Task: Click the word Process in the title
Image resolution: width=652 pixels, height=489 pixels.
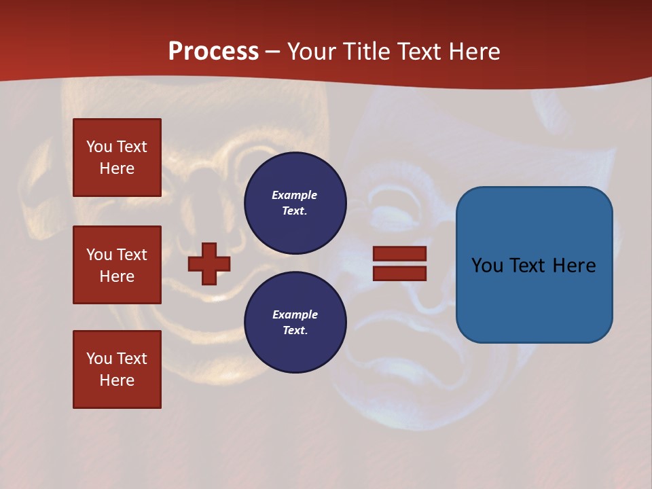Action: pos(213,52)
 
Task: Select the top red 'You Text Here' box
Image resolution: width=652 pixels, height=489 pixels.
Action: pos(117,158)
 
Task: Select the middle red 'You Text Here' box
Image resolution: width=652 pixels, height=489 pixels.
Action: pos(117,265)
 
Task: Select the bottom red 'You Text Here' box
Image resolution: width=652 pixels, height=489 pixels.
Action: pos(117,369)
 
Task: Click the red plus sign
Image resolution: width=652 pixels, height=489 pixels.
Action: pos(209,264)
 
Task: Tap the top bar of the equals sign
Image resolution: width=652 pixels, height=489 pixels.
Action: pos(399,253)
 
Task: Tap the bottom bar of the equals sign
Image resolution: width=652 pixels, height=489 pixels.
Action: pos(399,273)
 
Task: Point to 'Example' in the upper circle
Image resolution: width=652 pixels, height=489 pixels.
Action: pos(294,195)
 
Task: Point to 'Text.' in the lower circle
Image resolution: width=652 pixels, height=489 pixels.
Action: pos(295,330)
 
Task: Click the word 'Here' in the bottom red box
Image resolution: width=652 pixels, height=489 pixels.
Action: pos(117,380)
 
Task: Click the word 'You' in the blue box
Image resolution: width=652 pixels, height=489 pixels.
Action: pos(487,266)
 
